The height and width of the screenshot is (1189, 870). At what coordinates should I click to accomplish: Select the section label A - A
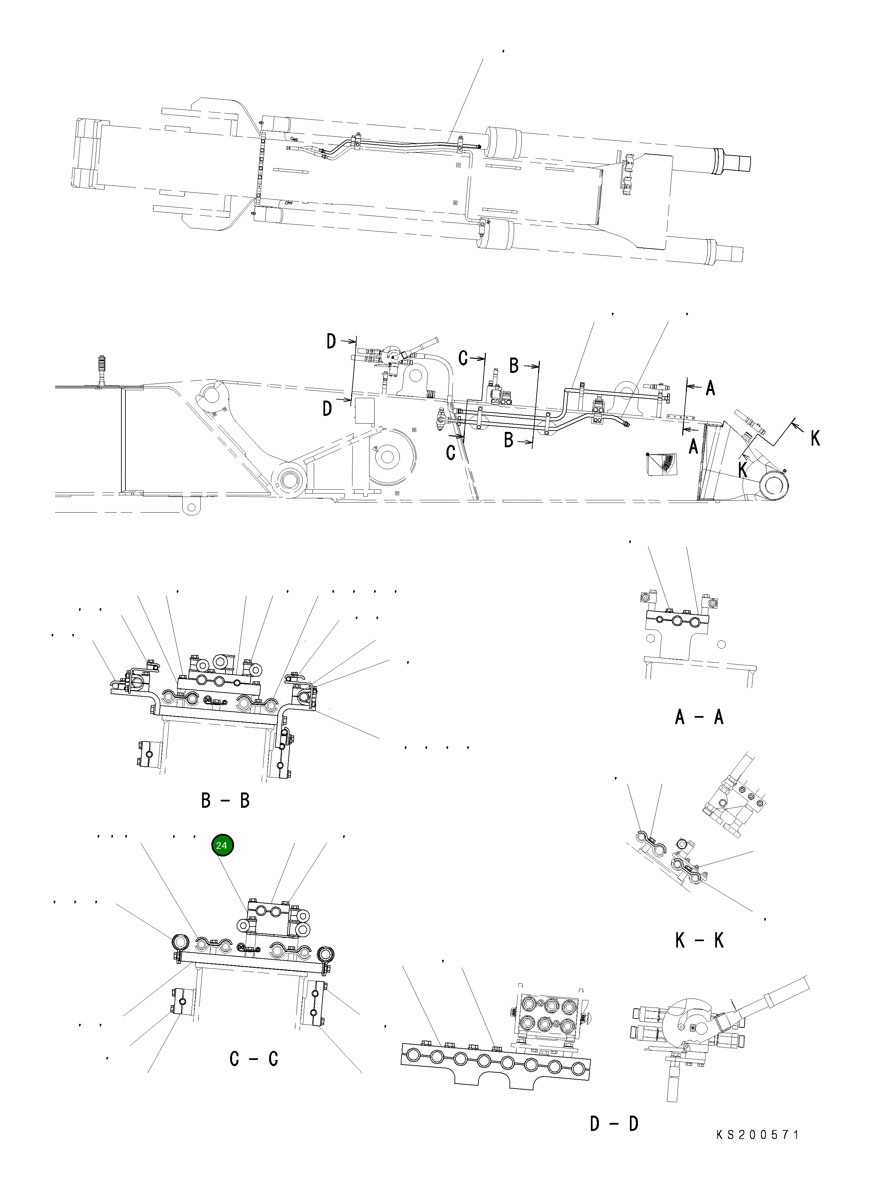pos(699,717)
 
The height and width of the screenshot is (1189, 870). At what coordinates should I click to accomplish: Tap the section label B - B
pos(225,801)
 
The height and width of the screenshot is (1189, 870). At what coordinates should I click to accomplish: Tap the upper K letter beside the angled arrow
pos(815,438)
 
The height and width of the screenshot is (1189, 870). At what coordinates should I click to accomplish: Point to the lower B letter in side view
pos(509,440)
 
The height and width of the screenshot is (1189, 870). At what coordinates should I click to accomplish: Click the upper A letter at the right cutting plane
pos(710,388)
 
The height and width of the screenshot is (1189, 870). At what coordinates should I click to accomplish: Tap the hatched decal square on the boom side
pos(662,463)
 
